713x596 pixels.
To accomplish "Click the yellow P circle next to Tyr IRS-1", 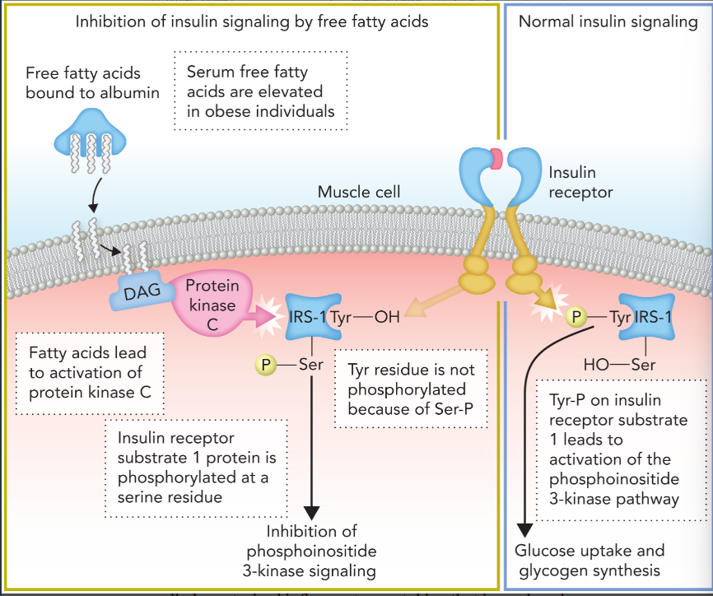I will [578, 317].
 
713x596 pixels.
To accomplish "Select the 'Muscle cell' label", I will [359, 193].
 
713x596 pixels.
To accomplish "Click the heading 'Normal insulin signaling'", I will [608, 22].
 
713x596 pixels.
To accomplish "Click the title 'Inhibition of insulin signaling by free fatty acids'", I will [252, 22].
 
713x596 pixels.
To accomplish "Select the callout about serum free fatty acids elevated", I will [261, 91].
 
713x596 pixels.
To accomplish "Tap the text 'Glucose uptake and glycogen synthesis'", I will [590, 560].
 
